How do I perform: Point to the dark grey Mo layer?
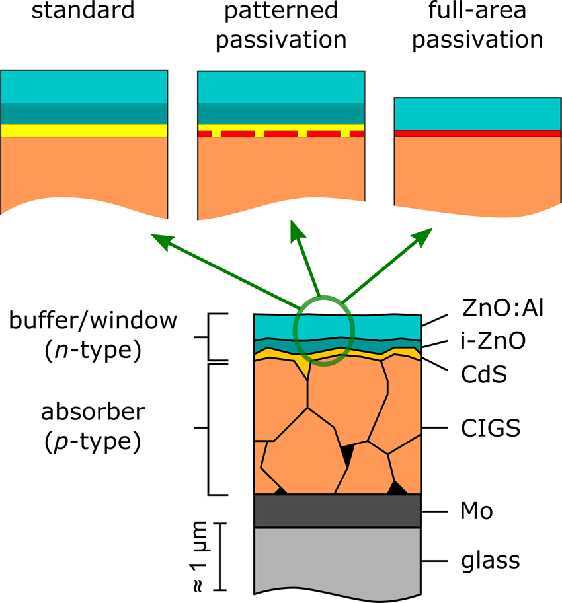click(337, 511)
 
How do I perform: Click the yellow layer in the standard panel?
click(84, 130)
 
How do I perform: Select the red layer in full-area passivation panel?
click(477, 133)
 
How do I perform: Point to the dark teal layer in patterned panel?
click(281, 113)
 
